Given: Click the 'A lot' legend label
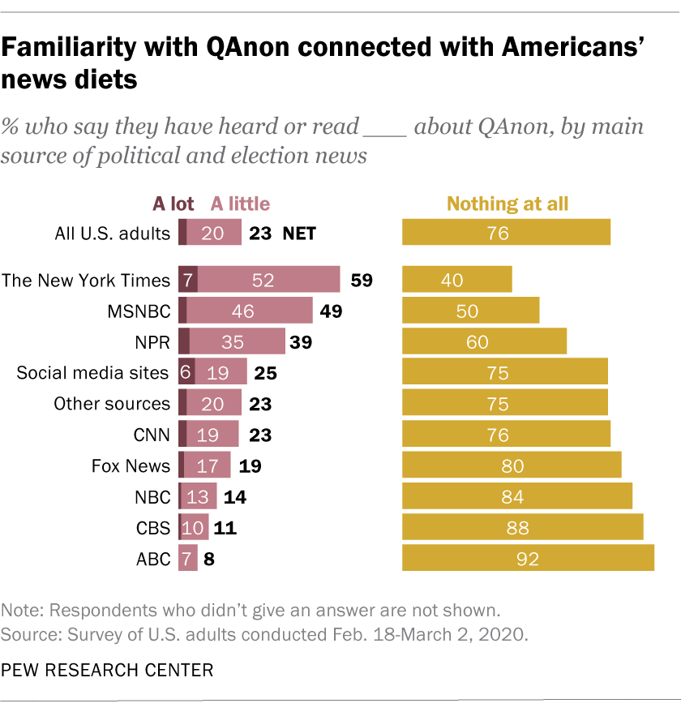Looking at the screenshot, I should [x=173, y=204].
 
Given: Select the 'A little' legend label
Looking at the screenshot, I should [x=240, y=204].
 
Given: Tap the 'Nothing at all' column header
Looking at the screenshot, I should [x=508, y=204].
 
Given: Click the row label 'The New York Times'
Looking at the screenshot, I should [x=86, y=281].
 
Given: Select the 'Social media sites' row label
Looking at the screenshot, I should [x=93, y=373].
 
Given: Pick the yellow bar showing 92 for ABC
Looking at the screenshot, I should [x=528, y=558].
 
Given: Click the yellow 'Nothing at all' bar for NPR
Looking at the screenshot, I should [x=484, y=342].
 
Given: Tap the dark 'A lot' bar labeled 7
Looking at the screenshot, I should [x=187, y=281].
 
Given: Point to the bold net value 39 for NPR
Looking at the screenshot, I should [x=302, y=343].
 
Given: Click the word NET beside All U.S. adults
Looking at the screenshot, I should [x=298, y=234].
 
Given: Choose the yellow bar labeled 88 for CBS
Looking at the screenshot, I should [x=523, y=527].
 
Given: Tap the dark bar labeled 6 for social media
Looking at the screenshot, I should [x=186, y=373].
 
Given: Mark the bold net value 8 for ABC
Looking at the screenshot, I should [x=209, y=559].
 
